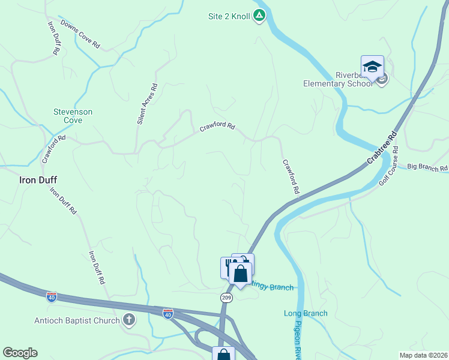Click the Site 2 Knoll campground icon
click(x=259, y=16)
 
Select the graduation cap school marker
click(x=372, y=67)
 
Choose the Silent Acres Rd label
click(x=147, y=104)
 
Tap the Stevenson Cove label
click(x=73, y=116)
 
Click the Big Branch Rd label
click(x=427, y=167)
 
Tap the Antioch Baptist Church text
click(x=78, y=321)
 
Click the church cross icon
click(x=129, y=320)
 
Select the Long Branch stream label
click(x=306, y=313)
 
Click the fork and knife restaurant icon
click(x=228, y=266)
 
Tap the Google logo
click(x=20, y=353)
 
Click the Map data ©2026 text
click(x=424, y=355)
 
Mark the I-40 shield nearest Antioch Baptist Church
click(x=167, y=313)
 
